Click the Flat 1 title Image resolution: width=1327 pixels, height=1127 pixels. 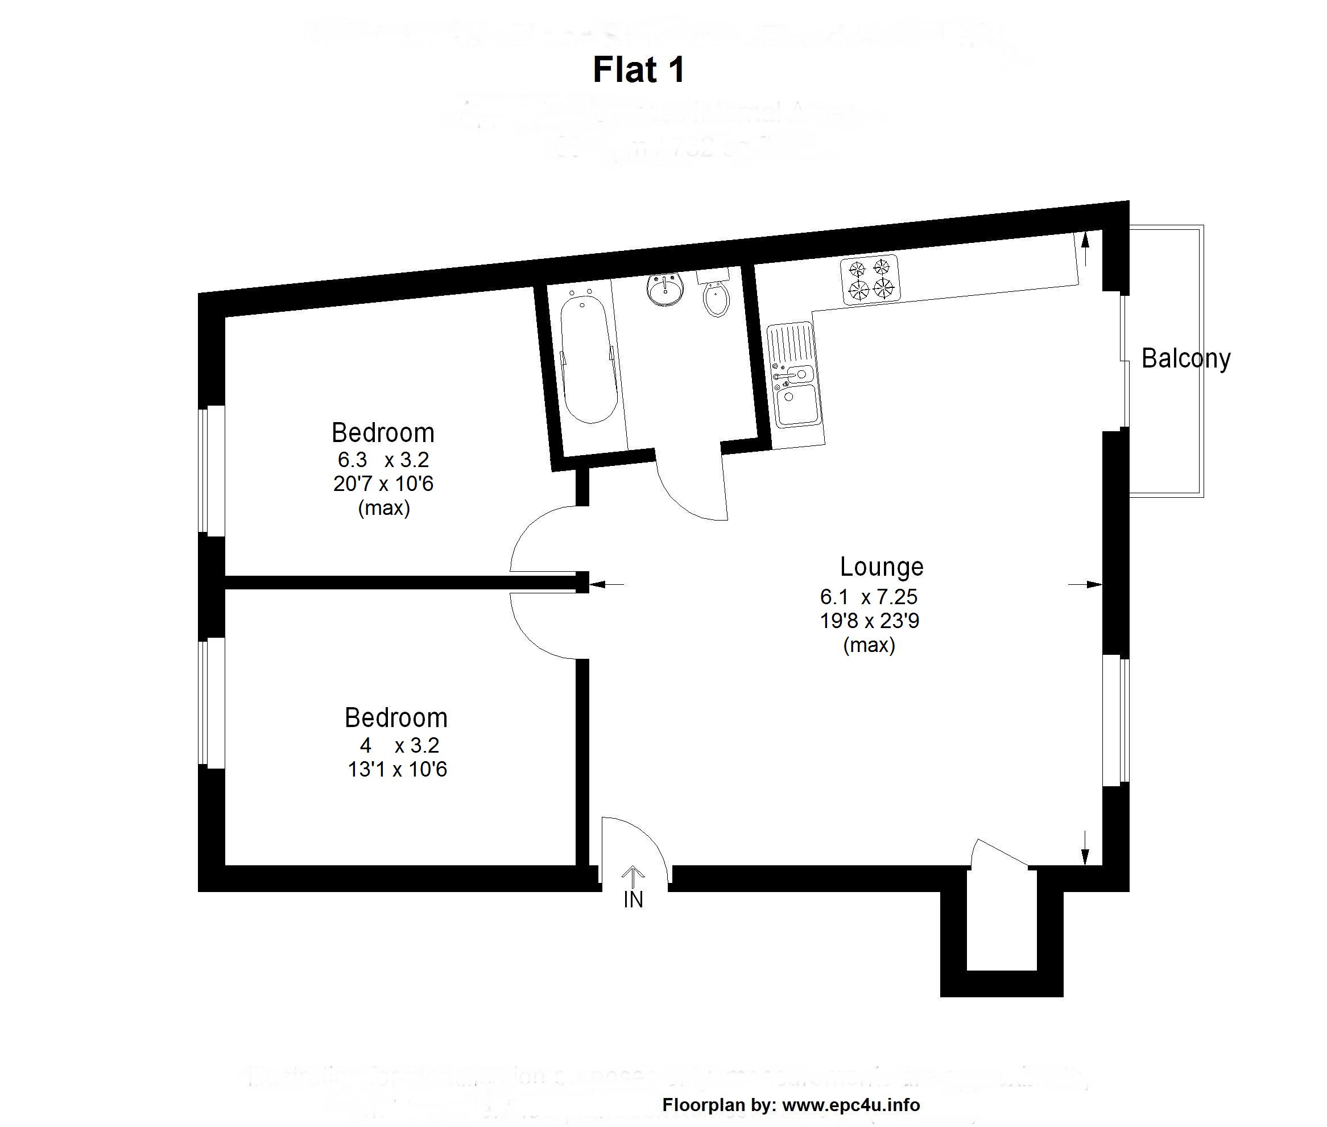(x=638, y=69)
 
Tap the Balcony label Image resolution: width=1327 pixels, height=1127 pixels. (x=1185, y=358)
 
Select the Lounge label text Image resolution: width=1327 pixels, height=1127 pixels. (x=881, y=567)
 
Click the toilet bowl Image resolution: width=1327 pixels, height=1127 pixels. (x=717, y=300)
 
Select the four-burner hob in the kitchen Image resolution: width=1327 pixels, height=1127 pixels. (x=870, y=279)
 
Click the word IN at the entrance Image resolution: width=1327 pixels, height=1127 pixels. (x=633, y=900)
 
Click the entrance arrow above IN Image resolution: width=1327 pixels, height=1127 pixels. (x=633, y=876)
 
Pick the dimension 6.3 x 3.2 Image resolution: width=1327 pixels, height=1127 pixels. (x=383, y=459)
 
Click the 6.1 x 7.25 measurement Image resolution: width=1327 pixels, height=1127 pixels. (x=869, y=597)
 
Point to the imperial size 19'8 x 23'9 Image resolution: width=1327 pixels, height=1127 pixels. (x=869, y=620)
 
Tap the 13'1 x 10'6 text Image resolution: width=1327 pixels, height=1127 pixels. (x=396, y=769)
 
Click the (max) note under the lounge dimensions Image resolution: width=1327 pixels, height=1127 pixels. (x=869, y=645)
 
